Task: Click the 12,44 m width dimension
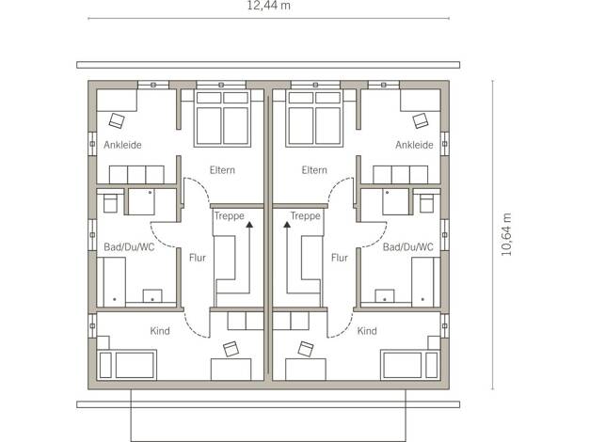click(268, 6)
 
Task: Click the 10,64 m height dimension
click(507, 235)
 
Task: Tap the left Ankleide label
click(122, 145)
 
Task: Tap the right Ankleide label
click(414, 145)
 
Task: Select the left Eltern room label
click(222, 170)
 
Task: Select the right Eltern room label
click(314, 170)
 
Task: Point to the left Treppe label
click(230, 216)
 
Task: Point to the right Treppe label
click(306, 216)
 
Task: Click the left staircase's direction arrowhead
click(249, 225)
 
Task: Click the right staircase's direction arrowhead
click(287, 225)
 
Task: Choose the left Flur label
click(198, 258)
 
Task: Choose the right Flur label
click(340, 258)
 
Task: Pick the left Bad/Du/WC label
click(129, 247)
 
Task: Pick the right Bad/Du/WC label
click(408, 247)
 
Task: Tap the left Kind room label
click(160, 331)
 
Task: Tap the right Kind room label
click(367, 331)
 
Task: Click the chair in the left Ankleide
click(117, 120)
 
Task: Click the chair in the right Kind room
click(306, 349)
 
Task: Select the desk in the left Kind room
click(231, 370)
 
